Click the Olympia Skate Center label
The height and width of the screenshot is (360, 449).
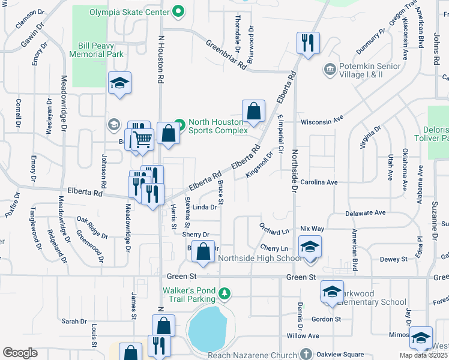129,11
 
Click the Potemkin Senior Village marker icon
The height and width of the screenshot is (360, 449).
329,70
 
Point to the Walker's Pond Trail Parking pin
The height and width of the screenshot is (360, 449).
224,294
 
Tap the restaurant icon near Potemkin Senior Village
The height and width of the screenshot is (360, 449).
308,43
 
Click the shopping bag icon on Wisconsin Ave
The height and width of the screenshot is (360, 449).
254,111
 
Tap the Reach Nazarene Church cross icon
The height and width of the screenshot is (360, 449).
307,354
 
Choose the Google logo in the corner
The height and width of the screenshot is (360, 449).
20,353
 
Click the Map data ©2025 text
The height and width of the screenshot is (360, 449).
423,355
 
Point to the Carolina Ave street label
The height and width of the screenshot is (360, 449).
319,182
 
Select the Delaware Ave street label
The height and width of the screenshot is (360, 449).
365,213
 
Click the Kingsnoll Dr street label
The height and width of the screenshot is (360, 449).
259,165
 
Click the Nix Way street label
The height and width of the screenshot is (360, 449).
312,229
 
